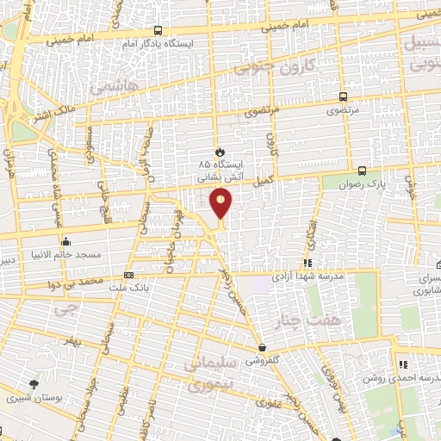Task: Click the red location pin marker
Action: coord(221,203)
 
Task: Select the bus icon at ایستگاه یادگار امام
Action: coord(158,30)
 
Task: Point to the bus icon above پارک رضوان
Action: coord(363,171)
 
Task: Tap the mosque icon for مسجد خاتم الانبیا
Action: coord(65,242)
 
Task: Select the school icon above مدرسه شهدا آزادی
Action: coord(308,264)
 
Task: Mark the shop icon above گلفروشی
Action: coord(261,348)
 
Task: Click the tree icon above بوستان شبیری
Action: coord(34,384)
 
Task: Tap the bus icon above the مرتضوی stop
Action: coord(344,97)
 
